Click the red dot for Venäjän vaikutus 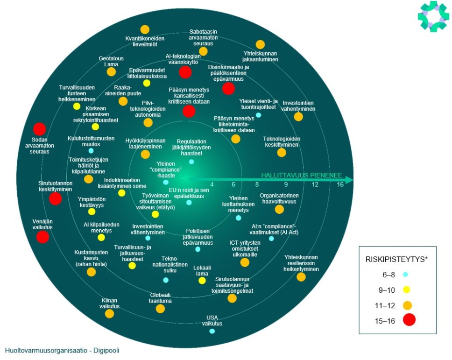pos(42,237)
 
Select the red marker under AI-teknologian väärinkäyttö pos(185,72)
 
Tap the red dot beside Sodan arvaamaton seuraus pos(40,129)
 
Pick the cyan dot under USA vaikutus pos(212,331)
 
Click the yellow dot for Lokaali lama pos(202,281)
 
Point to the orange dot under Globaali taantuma pos(160,309)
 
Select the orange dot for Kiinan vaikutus pos(109,314)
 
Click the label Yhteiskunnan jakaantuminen pos(261,56)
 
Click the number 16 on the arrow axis pos(340,184)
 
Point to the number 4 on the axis pos(212,184)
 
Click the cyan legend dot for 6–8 pos(406,275)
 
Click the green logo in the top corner pos(433,16)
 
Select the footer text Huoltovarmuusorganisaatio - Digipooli pos(62,350)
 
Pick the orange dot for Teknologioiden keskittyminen pos(281,153)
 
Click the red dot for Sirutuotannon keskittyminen pos(55,198)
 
